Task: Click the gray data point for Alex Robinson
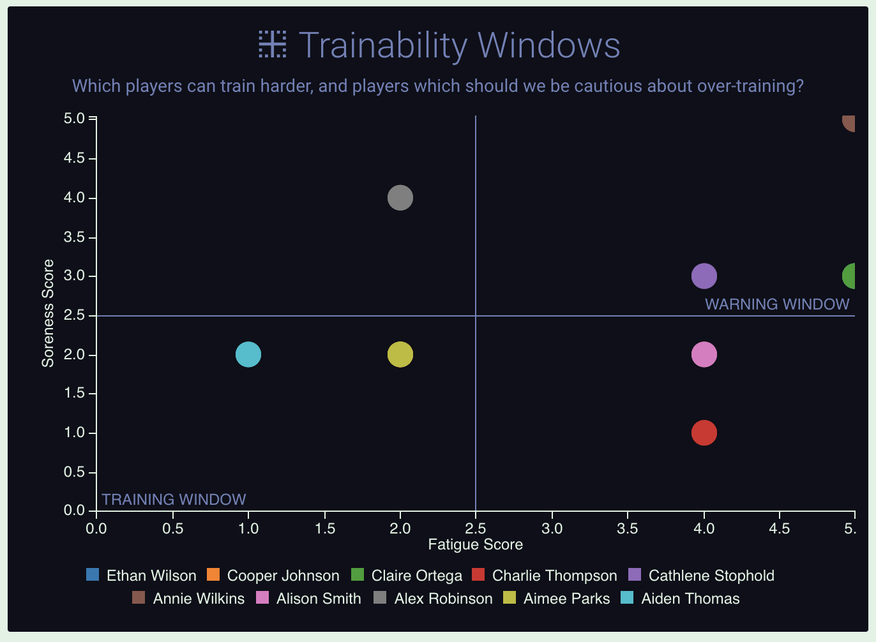(x=400, y=198)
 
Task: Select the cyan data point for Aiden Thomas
(x=248, y=354)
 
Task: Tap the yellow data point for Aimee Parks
(x=400, y=354)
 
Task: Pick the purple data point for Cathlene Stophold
(x=704, y=276)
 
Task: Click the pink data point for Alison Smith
(x=704, y=354)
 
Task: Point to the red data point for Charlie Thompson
(x=704, y=433)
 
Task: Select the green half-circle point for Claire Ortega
(x=850, y=276)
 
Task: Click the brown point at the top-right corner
(x=850, y=122)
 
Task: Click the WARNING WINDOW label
(x=776, y=304)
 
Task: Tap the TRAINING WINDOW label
(x=174, y=500)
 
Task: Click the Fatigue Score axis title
(x=475, y=544)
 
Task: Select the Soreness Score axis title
(x=48, y=313)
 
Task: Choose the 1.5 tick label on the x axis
(x=324, y=528)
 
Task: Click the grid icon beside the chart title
(x=273, y=45)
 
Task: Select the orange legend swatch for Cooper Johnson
(x=213, y=575)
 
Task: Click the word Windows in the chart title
(x=548, y=45)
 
